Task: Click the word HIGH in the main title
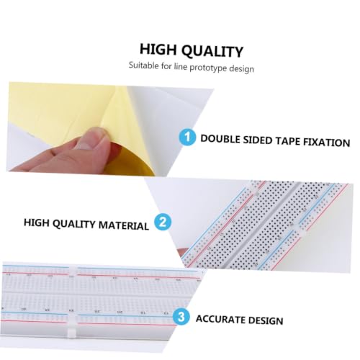158,49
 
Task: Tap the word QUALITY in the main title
212,51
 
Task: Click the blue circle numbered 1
187,137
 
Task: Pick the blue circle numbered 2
163,222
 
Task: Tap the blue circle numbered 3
181,317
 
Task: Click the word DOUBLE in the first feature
220,139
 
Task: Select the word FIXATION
327,143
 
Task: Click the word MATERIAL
124,225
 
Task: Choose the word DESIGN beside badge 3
266,320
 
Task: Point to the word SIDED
258,140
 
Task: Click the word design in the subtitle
241,68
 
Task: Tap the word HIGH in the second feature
36,222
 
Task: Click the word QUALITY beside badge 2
73,224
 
